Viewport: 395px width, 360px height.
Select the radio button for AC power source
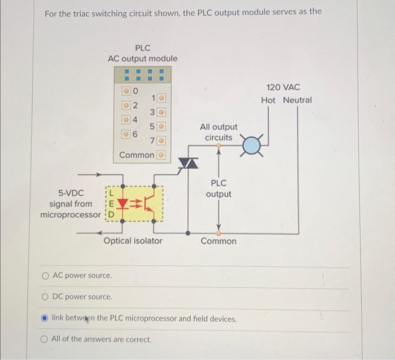coord(45,276)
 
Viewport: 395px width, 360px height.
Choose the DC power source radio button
coord(45,296)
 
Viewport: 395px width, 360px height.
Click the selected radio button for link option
coord(45,318)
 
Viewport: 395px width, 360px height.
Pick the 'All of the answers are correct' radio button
coord(45,339)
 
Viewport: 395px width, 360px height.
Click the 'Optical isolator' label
coord(133,241)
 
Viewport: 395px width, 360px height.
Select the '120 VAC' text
coord(285,87)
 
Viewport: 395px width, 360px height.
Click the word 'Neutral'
coord(297,100)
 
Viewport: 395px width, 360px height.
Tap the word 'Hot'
coord(269,100)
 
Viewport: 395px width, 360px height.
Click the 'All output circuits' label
coord(218,132)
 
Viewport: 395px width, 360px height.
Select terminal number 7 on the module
coord(152,139)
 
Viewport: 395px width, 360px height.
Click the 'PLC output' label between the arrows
coord(218,188)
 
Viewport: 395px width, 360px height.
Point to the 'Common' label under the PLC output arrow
coord(218,241)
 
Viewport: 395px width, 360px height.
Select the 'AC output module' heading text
coord(142,59)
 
